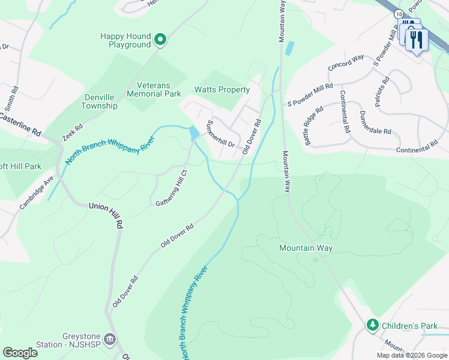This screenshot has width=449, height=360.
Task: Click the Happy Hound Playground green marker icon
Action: (x=160, y=40)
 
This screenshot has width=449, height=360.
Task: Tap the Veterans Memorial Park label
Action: (x=150, y=89)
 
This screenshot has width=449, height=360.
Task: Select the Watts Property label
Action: (x=221, y=90)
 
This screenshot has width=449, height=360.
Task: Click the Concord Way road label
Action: (x=346, y=62)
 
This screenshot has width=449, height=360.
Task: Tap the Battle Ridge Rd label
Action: (x=313, y=126)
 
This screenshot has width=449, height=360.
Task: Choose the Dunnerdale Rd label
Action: (x=375, y=122)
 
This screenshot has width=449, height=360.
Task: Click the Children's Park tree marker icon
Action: (x=373, y=325)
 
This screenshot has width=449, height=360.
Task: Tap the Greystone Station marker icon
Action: (x=109, y=340)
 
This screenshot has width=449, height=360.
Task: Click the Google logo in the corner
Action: (x=20, y=353)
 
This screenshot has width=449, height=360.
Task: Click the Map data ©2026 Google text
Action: (x=411, y=355)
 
